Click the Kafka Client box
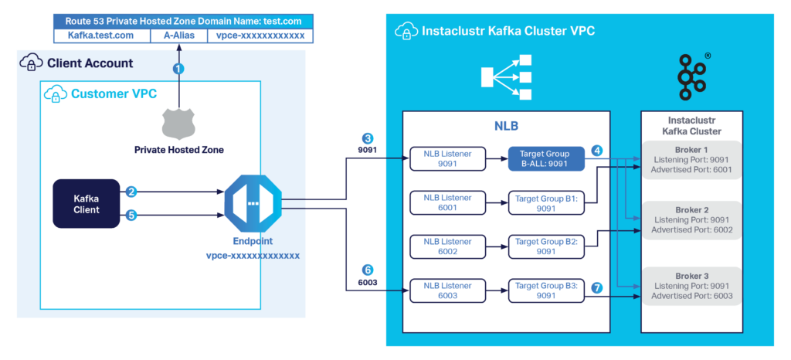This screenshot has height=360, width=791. click(87, 204)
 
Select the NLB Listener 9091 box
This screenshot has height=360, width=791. click(446, 158)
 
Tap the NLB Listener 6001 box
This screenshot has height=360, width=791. click(446, 203)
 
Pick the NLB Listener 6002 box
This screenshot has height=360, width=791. click(446, 246)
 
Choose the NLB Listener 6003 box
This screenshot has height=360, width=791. click(446, 290)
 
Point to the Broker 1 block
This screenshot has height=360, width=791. click(691, 160)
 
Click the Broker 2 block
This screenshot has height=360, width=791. click(691, 219)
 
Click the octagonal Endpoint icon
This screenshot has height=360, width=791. click(253, 203)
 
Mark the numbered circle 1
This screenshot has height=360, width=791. click(179, 69)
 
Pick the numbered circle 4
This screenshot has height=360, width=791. click(597, 150)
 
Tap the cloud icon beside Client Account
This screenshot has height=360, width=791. click(32, 63)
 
